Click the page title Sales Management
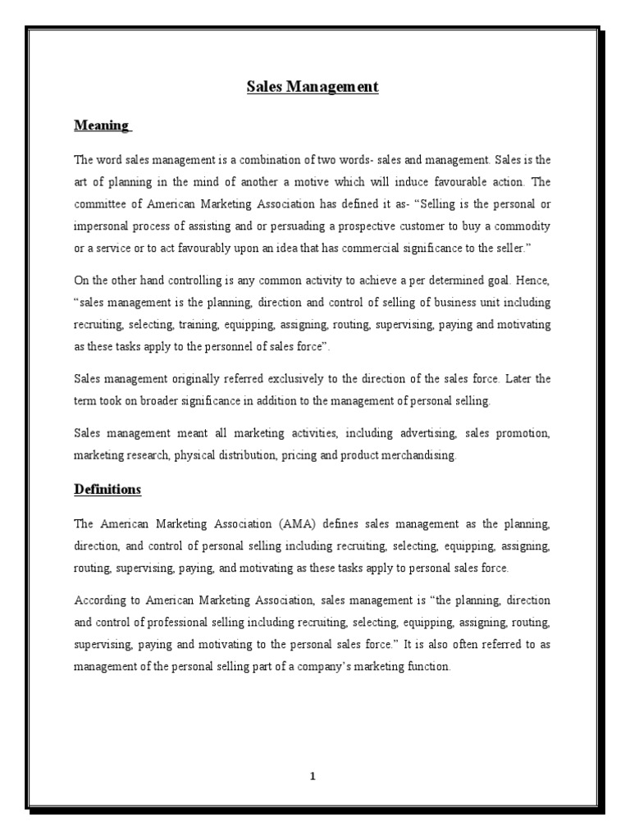pos(313,86)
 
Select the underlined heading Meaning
pos(102,126)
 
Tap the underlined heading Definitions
pos(107,490)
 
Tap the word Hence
pos(532,281)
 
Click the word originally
pos(198,379)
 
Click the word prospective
pos(394,226)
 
